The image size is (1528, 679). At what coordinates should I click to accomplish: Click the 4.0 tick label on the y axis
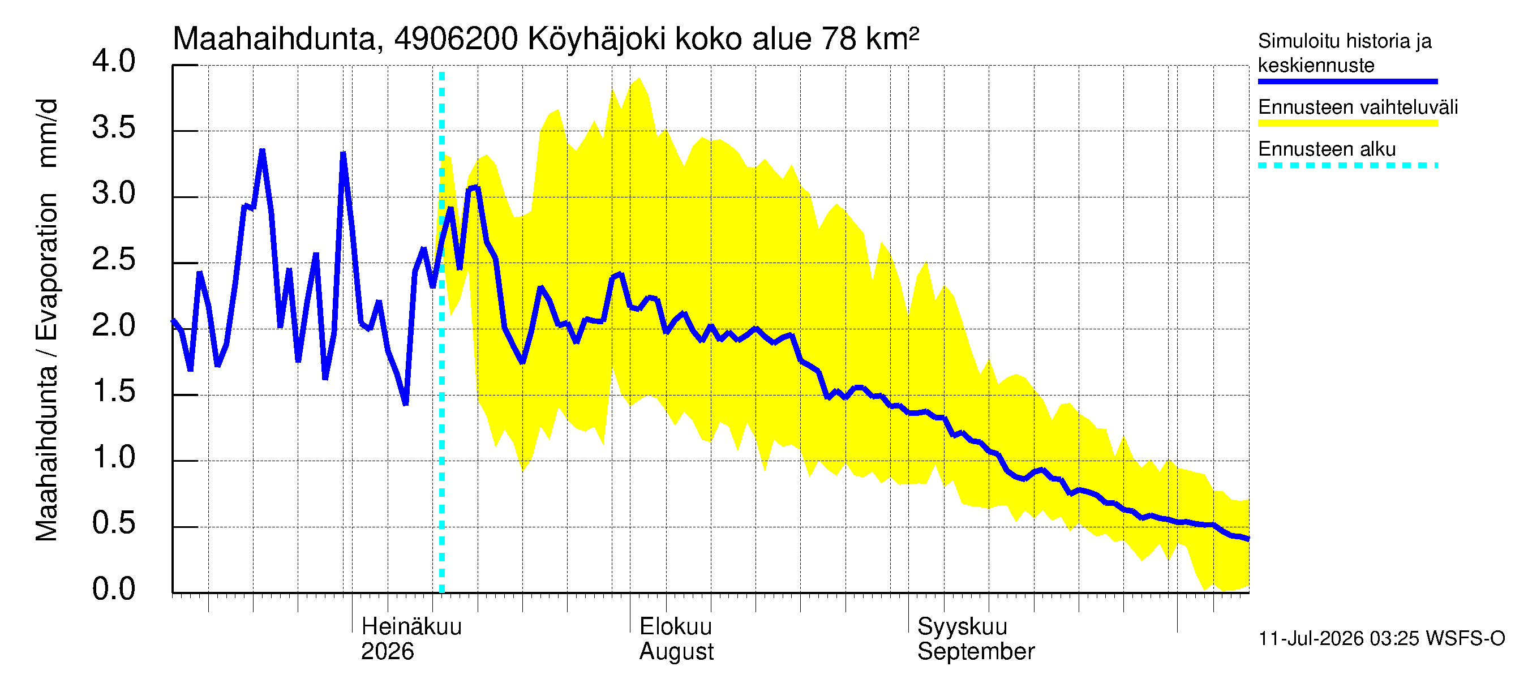[113, 61]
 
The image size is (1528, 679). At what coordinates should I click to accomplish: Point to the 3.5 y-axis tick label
[113, 127]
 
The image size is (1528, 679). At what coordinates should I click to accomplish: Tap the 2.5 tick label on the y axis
[113, 260]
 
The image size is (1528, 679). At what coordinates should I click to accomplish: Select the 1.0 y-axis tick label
[113, 457]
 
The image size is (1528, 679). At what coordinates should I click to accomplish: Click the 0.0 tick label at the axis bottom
[113, 589]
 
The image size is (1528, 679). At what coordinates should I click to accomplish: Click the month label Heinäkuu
[411, 626]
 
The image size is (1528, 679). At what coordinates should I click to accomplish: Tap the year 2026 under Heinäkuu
[387, 651]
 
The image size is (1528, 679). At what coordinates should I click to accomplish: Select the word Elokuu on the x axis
[675, 626]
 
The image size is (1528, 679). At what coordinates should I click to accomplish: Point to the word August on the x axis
[676, 652]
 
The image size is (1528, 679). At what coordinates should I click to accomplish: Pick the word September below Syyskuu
[976, 652]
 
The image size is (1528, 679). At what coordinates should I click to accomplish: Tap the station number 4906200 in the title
[456, 39]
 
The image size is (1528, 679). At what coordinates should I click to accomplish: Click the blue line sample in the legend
[1347, 81]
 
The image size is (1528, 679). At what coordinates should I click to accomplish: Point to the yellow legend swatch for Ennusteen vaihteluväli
[1347, 123]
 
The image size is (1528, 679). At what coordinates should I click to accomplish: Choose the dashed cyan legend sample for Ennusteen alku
[1347, 165]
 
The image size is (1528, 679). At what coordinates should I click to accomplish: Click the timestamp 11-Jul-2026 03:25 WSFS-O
[1381, 639]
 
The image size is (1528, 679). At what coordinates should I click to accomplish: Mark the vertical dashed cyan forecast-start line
[441, 332]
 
